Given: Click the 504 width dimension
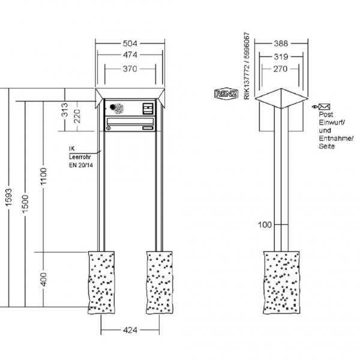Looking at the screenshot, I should coord(130,43).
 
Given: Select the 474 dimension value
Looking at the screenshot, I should coord(130,56).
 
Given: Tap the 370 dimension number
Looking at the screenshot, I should coord(130,69).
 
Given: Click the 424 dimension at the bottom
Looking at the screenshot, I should coord(130,330).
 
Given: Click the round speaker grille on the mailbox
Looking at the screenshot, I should coord(116,108).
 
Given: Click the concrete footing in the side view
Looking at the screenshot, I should coord(281,282).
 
